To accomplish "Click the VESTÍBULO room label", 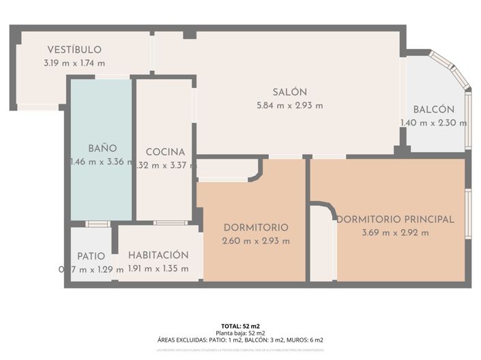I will coord(74,50).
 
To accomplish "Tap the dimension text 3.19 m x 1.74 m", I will coord(74,63).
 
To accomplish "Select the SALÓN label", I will coord(290,92).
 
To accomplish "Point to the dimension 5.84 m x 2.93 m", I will coord(290,105).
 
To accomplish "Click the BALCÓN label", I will coord(434,110).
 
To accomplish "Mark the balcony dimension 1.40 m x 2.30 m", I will coord(434,123).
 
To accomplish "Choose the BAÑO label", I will coord(102,148).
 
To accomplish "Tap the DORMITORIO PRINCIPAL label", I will coord(396,220).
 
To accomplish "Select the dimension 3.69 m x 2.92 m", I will coord(396,232).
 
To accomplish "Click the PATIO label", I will coord(91,256).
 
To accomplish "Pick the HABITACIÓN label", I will coord(158,255).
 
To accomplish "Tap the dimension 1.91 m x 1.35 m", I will coord(158,269).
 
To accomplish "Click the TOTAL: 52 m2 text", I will coord(240,326).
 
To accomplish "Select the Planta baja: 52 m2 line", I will coord(240,333).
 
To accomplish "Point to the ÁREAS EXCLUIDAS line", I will coord(240,340).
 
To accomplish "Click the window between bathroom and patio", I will coord(98,224).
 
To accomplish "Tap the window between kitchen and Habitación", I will coord(170,223).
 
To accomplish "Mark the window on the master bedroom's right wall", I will coord(468,213).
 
